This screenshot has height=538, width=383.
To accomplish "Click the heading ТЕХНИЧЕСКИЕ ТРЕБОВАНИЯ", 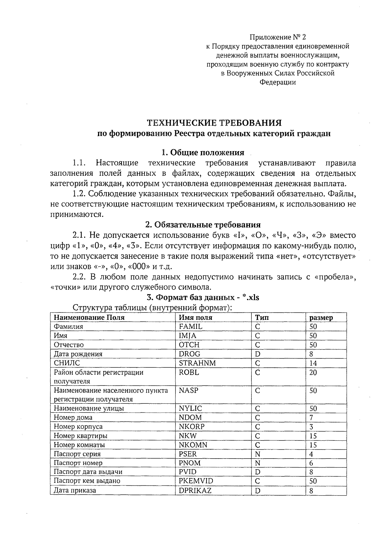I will point(214,123).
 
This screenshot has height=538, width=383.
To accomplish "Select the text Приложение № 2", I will point(277,37).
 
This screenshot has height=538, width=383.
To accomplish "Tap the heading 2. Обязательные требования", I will point(203,225).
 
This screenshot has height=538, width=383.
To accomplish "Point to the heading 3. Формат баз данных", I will point(203,298).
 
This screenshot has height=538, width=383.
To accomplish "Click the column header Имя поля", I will point(195,318).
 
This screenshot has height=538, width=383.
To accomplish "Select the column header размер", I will point(321,318).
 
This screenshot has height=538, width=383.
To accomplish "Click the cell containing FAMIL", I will point(191,327).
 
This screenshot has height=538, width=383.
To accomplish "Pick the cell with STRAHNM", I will point(197,363).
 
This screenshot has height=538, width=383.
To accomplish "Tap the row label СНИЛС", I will point(67,363).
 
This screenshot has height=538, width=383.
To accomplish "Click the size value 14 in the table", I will point(313,363).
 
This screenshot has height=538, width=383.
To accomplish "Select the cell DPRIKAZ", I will point(195,490).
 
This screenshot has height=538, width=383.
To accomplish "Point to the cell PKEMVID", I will point(196,481).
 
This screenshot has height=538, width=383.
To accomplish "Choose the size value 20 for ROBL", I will point(313,372).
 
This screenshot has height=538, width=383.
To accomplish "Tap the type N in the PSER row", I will point(258,454).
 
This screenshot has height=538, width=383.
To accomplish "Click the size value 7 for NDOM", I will point(311,418).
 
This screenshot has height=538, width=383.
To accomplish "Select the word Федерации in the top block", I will point(277,82).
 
